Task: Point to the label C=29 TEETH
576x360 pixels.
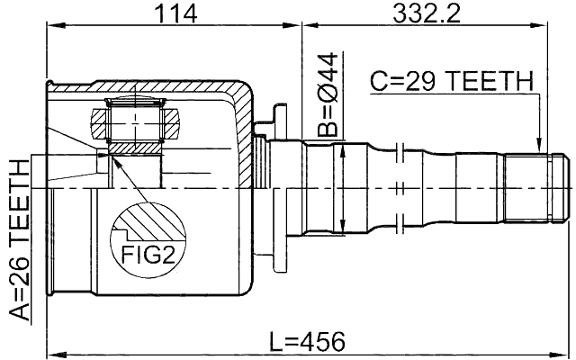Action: click(452, 82)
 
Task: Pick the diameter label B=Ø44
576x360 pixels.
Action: click(330, 95)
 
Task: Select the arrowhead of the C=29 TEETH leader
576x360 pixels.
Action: click(538, 148)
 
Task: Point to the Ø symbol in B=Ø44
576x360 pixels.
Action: click(330, 90)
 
